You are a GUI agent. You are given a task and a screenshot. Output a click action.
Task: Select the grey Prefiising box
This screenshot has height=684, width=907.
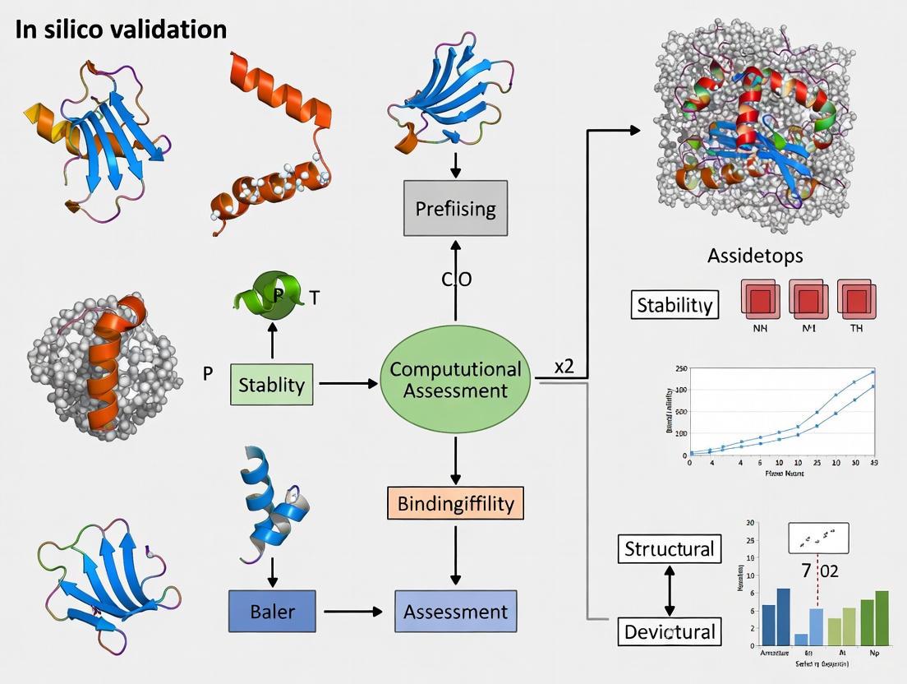pos(455,208)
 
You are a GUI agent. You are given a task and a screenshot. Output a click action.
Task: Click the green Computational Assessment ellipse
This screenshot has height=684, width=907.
pos(455,379)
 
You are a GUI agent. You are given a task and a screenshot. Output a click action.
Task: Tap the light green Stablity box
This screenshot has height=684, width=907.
pos(271,384)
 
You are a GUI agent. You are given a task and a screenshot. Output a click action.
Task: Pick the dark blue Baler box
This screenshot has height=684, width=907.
pos(271,612)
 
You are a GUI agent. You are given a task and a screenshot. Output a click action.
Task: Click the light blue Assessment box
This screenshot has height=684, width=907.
pos(455,612)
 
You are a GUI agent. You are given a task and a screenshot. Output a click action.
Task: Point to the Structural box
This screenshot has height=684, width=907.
pos(669,548)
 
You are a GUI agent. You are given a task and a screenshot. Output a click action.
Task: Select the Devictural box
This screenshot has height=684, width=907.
pos(669,632)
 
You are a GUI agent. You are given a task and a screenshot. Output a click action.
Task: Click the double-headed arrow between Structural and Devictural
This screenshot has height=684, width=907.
pos(669,590)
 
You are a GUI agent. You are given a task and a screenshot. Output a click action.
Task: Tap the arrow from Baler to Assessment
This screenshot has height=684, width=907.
pos(353,612)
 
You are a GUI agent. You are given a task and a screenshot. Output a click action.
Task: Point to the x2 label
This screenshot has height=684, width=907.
pos(564,367)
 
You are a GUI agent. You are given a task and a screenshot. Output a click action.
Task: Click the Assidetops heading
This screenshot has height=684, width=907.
pos(755,256)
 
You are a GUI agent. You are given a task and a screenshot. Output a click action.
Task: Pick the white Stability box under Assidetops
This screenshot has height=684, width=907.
pos(674,305)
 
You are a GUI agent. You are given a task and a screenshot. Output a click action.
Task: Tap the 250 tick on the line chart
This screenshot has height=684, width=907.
pos(680,369)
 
